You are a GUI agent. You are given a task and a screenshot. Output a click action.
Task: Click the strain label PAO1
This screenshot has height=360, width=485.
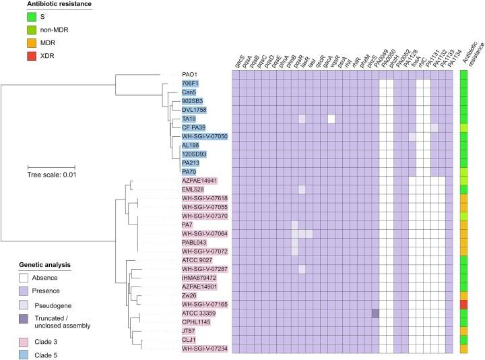(189, 74)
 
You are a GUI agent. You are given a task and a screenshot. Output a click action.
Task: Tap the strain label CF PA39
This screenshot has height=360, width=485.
(195, 127)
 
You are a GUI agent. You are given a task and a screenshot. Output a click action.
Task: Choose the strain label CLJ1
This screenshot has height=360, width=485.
(189, 339)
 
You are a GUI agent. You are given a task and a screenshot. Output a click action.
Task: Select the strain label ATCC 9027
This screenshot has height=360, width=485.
(197, 260)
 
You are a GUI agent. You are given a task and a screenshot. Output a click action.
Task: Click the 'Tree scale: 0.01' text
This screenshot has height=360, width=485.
(51, 177)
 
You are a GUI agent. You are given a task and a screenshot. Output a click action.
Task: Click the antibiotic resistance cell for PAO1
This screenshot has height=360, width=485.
(463, 74)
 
